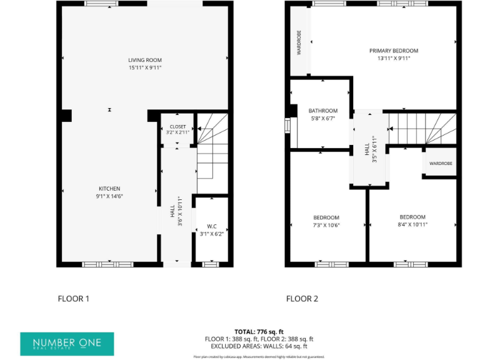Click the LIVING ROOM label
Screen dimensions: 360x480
(x=145, y=60)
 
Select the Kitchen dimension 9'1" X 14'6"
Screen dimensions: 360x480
(x=109, y=197)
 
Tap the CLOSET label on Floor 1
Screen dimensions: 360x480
(x=177, y=126)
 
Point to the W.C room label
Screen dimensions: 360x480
(x=211, y=226)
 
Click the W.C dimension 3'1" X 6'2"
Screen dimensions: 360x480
(x=211, y=234)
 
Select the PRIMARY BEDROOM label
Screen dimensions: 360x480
(x=393, y=51)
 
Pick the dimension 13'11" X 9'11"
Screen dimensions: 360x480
(x=393, y=59)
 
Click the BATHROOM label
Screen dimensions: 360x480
(x=323, y=111)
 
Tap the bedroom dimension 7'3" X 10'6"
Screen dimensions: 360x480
(x=326, y=226)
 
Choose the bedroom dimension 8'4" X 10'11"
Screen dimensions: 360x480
(x=412, y=225)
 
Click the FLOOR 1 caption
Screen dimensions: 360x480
(x=73, y=299)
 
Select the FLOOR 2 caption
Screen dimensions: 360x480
(x=302, y=299)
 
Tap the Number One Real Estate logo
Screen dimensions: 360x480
(x=68, y=343)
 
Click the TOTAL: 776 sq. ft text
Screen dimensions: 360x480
(x=259, y=331)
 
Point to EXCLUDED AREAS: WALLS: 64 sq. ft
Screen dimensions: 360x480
(x=259, y=346)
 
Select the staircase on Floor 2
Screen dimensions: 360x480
(x=422, y=128)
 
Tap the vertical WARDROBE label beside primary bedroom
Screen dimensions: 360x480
(x=299, y=42)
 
